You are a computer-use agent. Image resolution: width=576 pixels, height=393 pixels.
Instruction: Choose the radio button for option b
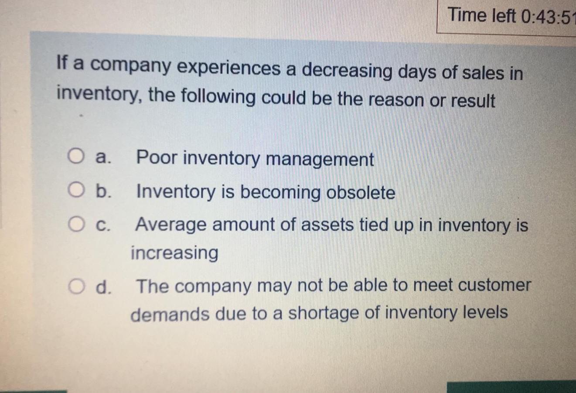tap(75, 190)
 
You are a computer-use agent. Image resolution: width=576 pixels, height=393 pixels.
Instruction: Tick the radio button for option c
tap(75, 225)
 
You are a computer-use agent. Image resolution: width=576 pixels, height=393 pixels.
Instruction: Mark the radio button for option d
tap(75, 286)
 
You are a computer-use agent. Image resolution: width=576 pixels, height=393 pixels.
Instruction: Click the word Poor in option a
tap(156, 157)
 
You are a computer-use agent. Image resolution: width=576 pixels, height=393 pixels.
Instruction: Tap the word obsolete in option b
tap(361, 193)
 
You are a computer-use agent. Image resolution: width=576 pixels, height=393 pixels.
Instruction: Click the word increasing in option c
tap(174, 253)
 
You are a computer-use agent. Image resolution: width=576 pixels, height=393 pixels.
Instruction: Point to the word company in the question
tap(130, 66)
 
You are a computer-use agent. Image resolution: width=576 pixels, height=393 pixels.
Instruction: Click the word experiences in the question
tap(228, 68)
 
